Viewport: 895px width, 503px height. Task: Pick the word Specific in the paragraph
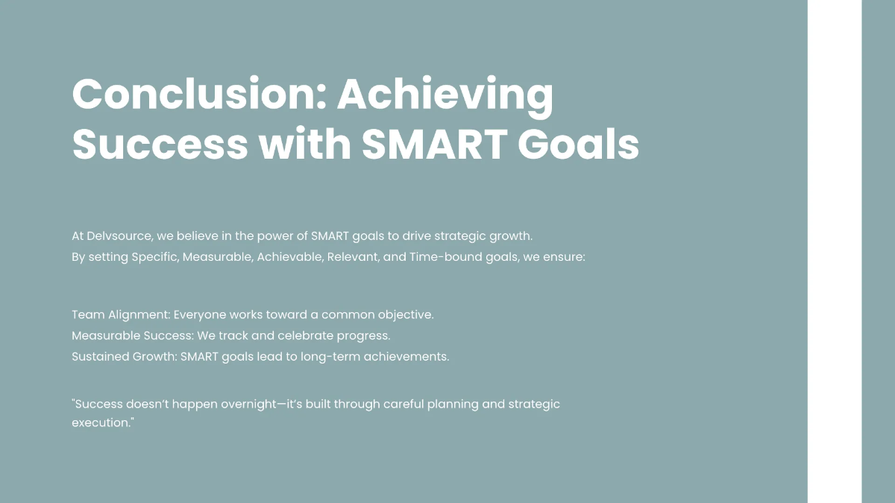tap(154, 257)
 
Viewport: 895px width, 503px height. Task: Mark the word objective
tap(403, 314)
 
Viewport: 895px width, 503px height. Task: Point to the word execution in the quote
tap(100, 423)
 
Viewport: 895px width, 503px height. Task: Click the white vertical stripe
tap(834, 251)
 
